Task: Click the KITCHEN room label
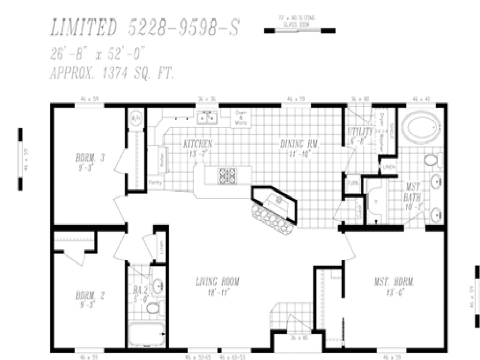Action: click(x=198, y=144)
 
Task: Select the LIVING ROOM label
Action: click(x=217, y=282)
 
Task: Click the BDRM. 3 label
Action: click(x=90, y=158)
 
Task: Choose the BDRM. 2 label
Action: click(x=90, y=296)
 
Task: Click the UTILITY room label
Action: click(x=360, y=132)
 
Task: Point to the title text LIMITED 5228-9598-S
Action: click(x=144, y=28)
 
